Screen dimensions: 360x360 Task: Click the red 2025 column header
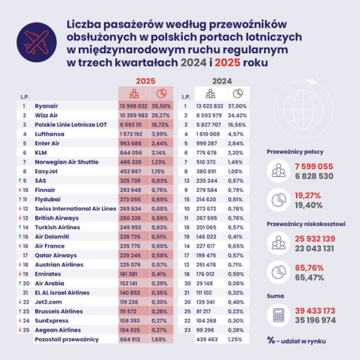point(146,80)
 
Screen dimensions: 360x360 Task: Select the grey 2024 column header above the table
point(222,80)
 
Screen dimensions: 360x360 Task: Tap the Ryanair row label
point(46,106)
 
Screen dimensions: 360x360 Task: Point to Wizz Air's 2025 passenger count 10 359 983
point(133,115)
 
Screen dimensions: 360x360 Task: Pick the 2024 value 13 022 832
point(210,106)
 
